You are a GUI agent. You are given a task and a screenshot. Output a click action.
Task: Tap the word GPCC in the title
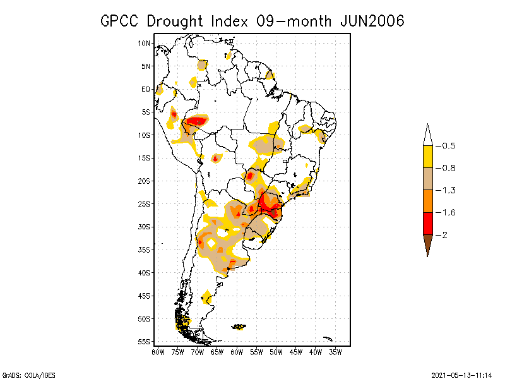point(121,21)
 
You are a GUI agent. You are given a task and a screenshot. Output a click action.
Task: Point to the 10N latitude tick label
point(145,43)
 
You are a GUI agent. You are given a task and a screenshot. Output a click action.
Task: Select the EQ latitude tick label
point(146,89)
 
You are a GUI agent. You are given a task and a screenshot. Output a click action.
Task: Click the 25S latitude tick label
point(145,203)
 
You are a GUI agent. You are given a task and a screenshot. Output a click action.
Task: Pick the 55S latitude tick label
point(145,341)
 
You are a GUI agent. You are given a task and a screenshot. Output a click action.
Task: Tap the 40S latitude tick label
point(145,272)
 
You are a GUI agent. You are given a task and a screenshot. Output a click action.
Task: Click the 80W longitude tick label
point(158,352)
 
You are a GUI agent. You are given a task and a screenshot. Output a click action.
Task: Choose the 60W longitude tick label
point(237,352)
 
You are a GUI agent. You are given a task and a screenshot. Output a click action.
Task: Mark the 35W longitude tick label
point(335,352)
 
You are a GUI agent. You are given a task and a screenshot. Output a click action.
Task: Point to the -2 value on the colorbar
point(444,234)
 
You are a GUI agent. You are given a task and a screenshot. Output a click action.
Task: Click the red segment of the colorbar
point(427,223)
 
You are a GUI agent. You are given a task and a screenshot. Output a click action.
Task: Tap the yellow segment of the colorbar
point(427,157)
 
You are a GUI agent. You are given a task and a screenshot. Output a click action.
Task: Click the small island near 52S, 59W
point(239,327)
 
